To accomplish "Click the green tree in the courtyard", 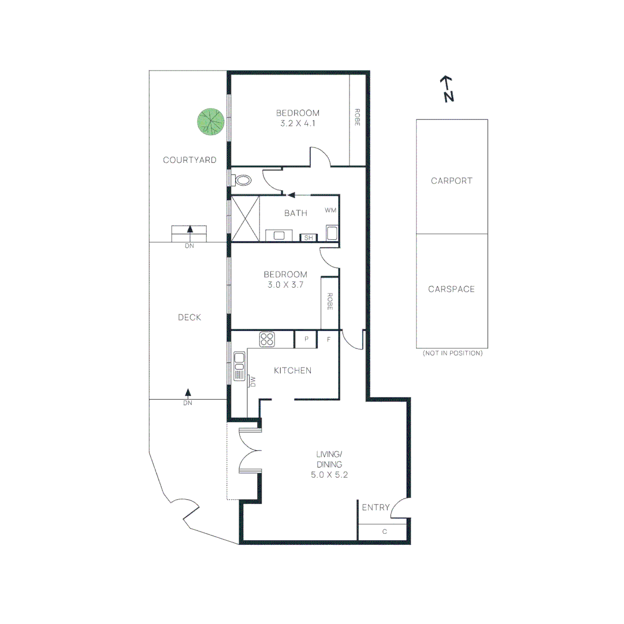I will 211,122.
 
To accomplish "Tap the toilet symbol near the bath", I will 243,180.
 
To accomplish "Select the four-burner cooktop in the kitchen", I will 267,339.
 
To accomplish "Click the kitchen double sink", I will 239,366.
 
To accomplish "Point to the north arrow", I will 446,88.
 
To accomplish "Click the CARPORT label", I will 451,181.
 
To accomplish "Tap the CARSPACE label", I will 451,289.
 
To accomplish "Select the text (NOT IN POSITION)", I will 452,353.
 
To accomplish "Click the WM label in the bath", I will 330,210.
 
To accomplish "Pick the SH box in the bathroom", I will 308,237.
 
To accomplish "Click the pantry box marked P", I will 306,339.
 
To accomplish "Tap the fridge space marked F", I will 328,339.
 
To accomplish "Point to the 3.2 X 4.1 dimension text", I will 298,123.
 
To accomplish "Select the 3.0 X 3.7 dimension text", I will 285,284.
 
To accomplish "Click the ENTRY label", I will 374,507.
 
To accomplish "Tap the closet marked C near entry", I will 383,532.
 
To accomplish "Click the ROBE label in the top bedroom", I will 357,118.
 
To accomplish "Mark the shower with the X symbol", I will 246,218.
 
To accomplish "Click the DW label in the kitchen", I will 252,381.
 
